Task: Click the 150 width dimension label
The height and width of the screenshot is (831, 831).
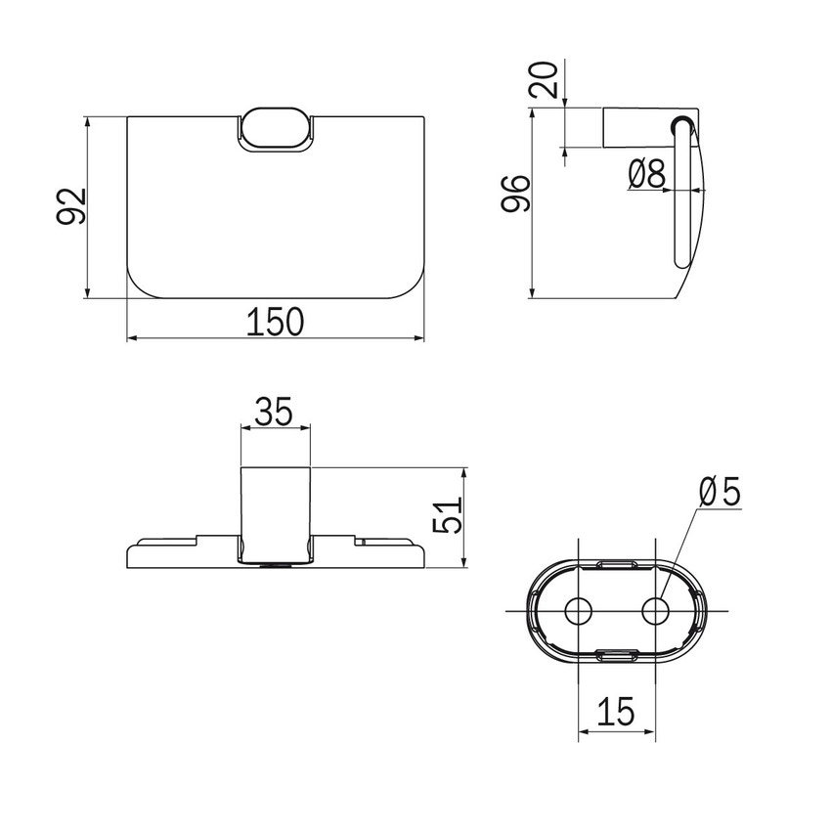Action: [x=275, y=322]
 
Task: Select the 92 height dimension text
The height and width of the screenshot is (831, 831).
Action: [x=71, y=206]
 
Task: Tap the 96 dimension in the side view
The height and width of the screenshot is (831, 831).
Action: [x=515, y=194]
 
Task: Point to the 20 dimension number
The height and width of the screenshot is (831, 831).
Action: [x=545, y=80]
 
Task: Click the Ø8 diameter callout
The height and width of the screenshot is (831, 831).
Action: [x=646, y=174]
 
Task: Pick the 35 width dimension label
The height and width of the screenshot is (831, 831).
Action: [x=274, y=412]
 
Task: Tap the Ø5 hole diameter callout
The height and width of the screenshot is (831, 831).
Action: [x=720, y=492]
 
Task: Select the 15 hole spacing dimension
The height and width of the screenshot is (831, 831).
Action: [x=616, y=711]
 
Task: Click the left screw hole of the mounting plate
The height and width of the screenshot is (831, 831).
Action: [x=578, y=611]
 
